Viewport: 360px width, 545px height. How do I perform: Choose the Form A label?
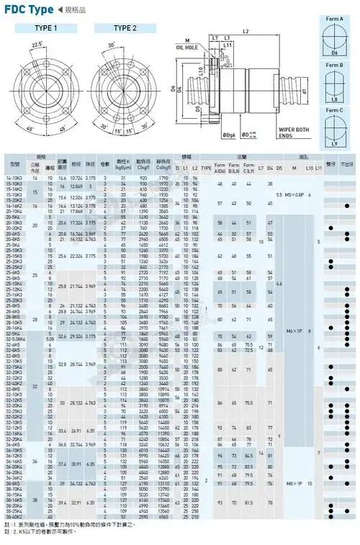click(333, 19)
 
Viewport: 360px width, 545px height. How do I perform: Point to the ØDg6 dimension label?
click(210, 135)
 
